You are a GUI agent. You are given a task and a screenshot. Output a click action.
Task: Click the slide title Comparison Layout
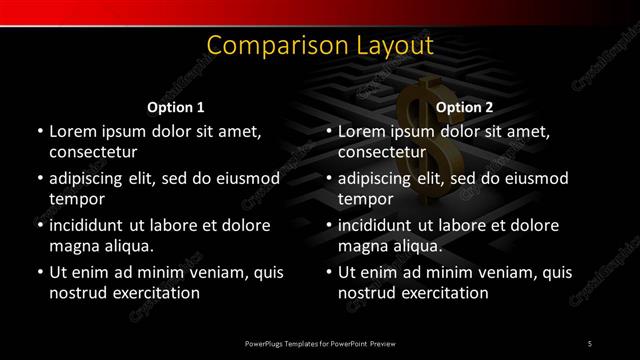319,45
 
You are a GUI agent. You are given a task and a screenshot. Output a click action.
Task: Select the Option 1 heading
176,107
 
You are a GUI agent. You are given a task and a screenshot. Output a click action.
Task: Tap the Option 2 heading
465,107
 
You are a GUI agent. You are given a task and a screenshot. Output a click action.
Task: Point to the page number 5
590,344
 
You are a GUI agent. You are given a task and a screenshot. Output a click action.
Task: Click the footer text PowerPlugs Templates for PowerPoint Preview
319,344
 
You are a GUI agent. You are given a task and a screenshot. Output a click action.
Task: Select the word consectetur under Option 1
93,153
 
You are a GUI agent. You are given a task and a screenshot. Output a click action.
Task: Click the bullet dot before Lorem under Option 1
39,132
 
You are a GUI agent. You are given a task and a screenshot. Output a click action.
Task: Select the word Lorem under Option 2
361,131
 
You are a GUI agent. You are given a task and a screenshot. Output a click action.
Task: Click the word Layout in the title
395,45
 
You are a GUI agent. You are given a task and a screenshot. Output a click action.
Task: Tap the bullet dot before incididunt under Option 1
39,226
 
